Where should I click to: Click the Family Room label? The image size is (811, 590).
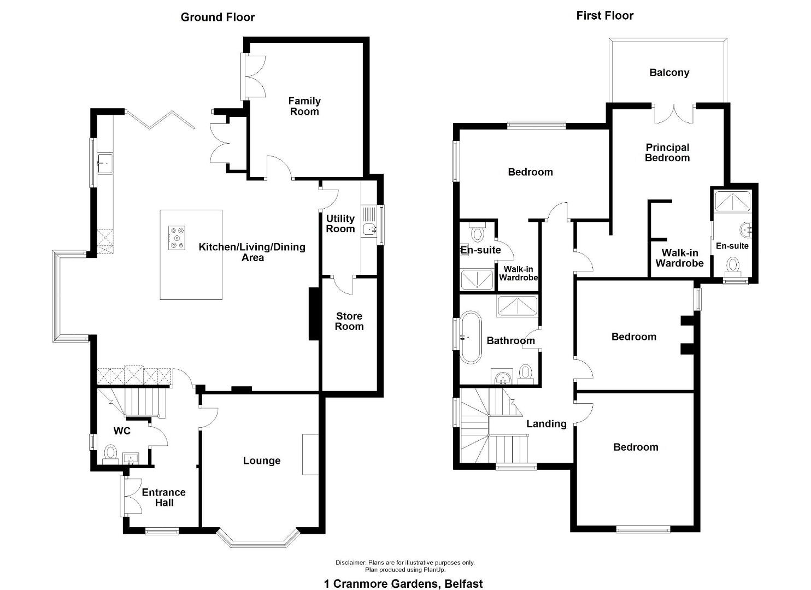[304, 106]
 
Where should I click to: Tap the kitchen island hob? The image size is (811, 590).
[177, 238]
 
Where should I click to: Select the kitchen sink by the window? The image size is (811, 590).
[105, 163]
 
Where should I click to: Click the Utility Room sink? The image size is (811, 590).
[369, 228]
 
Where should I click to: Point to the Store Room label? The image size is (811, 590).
[349, 321]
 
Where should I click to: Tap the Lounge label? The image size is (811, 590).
[262, 461]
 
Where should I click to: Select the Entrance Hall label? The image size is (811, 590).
[163, 497]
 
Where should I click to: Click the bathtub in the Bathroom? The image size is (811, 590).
[471, 337]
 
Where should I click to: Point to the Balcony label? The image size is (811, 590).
[669, 73]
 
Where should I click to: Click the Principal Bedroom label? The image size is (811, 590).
[667, 152]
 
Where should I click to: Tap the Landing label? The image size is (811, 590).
[546, 423]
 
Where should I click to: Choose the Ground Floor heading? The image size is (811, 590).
[218, 17]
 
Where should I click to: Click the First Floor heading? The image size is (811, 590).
[604, 15]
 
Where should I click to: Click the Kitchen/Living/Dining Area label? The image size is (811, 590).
[252, 252]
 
